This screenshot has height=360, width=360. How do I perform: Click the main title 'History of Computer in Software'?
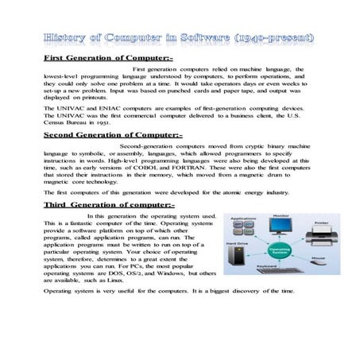180,37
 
